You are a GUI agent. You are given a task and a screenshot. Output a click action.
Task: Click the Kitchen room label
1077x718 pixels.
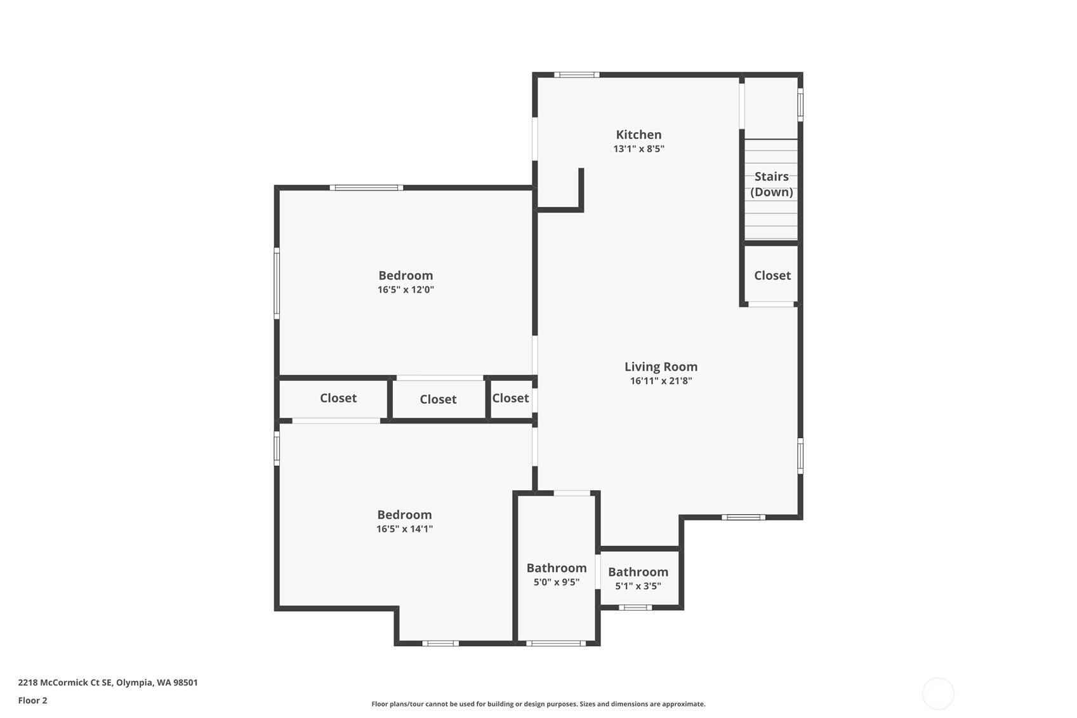638,135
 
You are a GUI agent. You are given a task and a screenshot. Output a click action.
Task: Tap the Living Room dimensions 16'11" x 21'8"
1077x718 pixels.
661,381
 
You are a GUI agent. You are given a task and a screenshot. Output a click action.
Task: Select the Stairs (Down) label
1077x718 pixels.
772,184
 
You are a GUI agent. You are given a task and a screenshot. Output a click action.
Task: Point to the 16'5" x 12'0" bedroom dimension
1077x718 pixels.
406,289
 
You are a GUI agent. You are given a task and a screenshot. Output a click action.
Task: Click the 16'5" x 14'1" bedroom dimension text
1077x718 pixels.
405,529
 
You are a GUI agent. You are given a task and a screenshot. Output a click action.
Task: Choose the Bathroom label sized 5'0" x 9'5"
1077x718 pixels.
557,568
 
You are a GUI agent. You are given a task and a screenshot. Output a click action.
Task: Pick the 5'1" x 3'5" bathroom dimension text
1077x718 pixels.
638,586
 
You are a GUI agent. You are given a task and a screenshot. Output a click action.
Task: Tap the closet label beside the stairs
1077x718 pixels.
772,276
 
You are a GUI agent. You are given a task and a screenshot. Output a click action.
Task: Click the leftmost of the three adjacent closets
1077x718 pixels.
338,398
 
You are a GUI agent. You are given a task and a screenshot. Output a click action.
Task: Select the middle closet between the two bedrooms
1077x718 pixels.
438,399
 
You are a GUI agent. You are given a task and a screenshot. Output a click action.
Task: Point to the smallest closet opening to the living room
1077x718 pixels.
511,398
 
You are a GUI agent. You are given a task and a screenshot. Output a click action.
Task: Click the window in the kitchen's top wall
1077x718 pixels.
577,74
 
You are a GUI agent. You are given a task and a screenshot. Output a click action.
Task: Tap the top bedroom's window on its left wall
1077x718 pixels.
277,283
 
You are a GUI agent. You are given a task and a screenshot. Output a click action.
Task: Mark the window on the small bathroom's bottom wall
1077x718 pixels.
635,608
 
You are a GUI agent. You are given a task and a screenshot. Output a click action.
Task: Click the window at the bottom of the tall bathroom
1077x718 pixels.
556,644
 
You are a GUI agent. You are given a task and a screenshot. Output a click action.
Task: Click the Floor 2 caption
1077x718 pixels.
33,701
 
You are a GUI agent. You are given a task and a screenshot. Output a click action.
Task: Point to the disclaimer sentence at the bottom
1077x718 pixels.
538,704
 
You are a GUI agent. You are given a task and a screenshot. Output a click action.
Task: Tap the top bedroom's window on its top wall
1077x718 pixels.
366,187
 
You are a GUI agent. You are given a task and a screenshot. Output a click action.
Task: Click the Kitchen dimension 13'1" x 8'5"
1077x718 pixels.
638,149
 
